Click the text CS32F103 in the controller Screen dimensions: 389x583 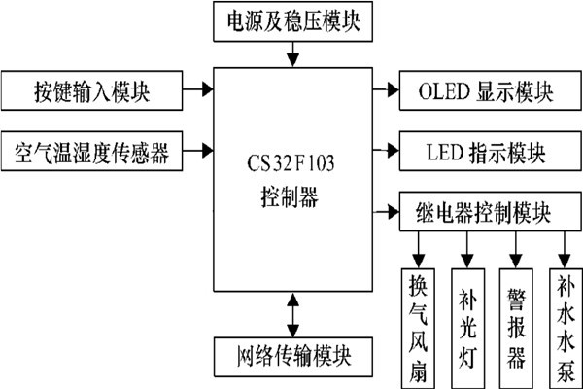click(291, 157)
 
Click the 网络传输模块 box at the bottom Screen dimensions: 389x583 click(293, 353)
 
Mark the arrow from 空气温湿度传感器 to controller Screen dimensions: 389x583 click(198, 150)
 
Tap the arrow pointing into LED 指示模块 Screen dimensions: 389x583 click(387, 152)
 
